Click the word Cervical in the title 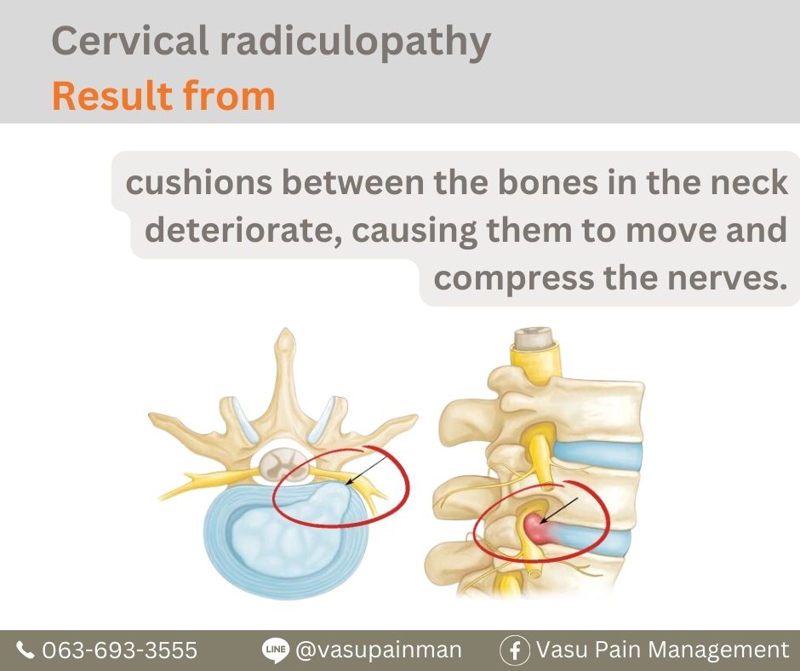click(129, 40)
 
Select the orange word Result click(111, 95)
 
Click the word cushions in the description click(198, 182)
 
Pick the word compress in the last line click(514, 279)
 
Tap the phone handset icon click(25, 650)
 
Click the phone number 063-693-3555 click(119, 650)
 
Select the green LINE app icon click(276, 650)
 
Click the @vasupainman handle click(379, 651)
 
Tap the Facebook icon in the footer click(515, 650)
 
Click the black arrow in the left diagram click(365, 470)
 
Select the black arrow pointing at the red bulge click(558, 510)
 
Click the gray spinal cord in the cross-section click(283, 465)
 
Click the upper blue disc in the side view click(597, 455)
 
